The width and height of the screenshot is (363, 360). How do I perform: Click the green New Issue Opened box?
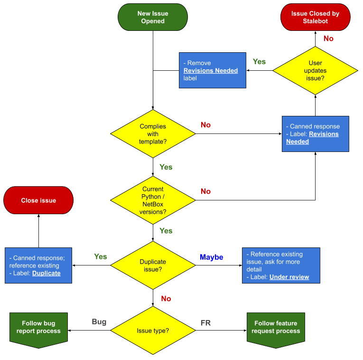(x=153, y=18)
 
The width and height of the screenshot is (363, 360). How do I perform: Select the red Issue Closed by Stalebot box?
(x=315, y=18)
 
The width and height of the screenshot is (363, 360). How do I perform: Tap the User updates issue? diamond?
(x=315, y=70)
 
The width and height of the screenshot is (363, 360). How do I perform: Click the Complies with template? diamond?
(x=153, y=134)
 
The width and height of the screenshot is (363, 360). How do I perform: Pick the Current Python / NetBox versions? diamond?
(x=153, y=200)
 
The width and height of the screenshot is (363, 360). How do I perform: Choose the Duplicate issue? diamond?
(x=153, y=265)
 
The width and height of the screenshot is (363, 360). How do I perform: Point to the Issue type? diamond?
(x=153, y=331)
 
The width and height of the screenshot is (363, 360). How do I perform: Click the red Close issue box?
(x=38, y=200)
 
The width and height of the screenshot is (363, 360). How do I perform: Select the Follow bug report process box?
(x=38, y=327)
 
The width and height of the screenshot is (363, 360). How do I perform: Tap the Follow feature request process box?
(x=276, y=327)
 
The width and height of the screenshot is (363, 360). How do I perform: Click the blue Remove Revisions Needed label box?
(x=213, y=70)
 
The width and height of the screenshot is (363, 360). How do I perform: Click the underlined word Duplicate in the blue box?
(x=47, y=273)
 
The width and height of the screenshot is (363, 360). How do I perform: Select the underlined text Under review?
(x=289, y=277)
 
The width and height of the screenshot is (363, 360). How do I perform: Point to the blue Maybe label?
(x=211, y=257)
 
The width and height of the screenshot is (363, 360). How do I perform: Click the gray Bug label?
(x=99, y=322)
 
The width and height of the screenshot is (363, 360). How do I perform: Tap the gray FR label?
(x=206, y=323)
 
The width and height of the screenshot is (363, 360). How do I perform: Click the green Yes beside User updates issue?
(x=259, y=62)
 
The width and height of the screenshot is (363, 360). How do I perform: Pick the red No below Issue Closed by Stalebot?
(x=328, y=38)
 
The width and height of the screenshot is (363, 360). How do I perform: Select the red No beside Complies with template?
(x=205, y=125)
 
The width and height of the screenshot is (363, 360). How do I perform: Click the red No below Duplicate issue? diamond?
(x=166, y=299)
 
